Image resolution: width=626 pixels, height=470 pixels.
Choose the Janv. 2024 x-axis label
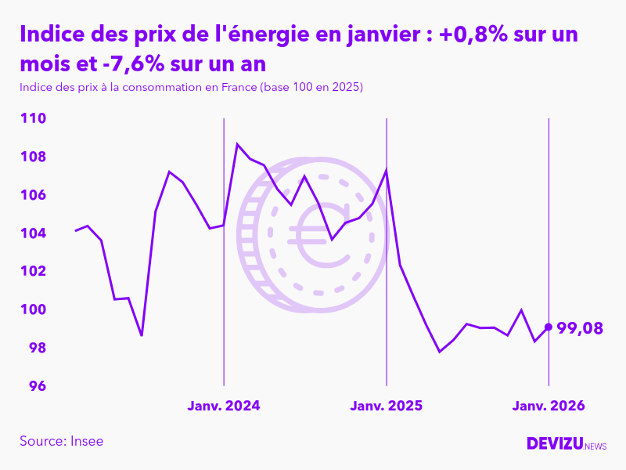tap(224, 406)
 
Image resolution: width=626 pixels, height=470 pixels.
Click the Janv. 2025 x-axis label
tap(386, 406)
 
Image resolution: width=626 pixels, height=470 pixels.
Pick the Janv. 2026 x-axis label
tap(548, 406)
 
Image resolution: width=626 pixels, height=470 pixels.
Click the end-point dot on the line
tap(548, 327)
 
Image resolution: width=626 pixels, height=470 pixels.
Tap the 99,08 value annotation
tap(580, 328)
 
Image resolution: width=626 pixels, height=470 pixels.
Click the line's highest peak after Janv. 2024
tap(238, 144)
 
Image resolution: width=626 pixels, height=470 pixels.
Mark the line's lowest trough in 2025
tap(440, 352)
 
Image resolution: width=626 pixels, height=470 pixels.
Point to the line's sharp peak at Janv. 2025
tap(387, 170)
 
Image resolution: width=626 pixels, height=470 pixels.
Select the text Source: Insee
tap(61, 441)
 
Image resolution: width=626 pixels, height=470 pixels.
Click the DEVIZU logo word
tap(554, 443)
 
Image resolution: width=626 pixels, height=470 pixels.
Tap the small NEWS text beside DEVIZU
tap(595, 446)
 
